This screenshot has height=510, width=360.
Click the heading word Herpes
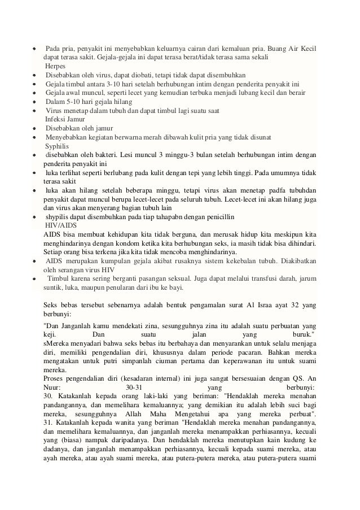pos(56,66)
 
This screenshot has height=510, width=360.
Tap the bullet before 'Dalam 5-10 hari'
pos(34,102)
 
